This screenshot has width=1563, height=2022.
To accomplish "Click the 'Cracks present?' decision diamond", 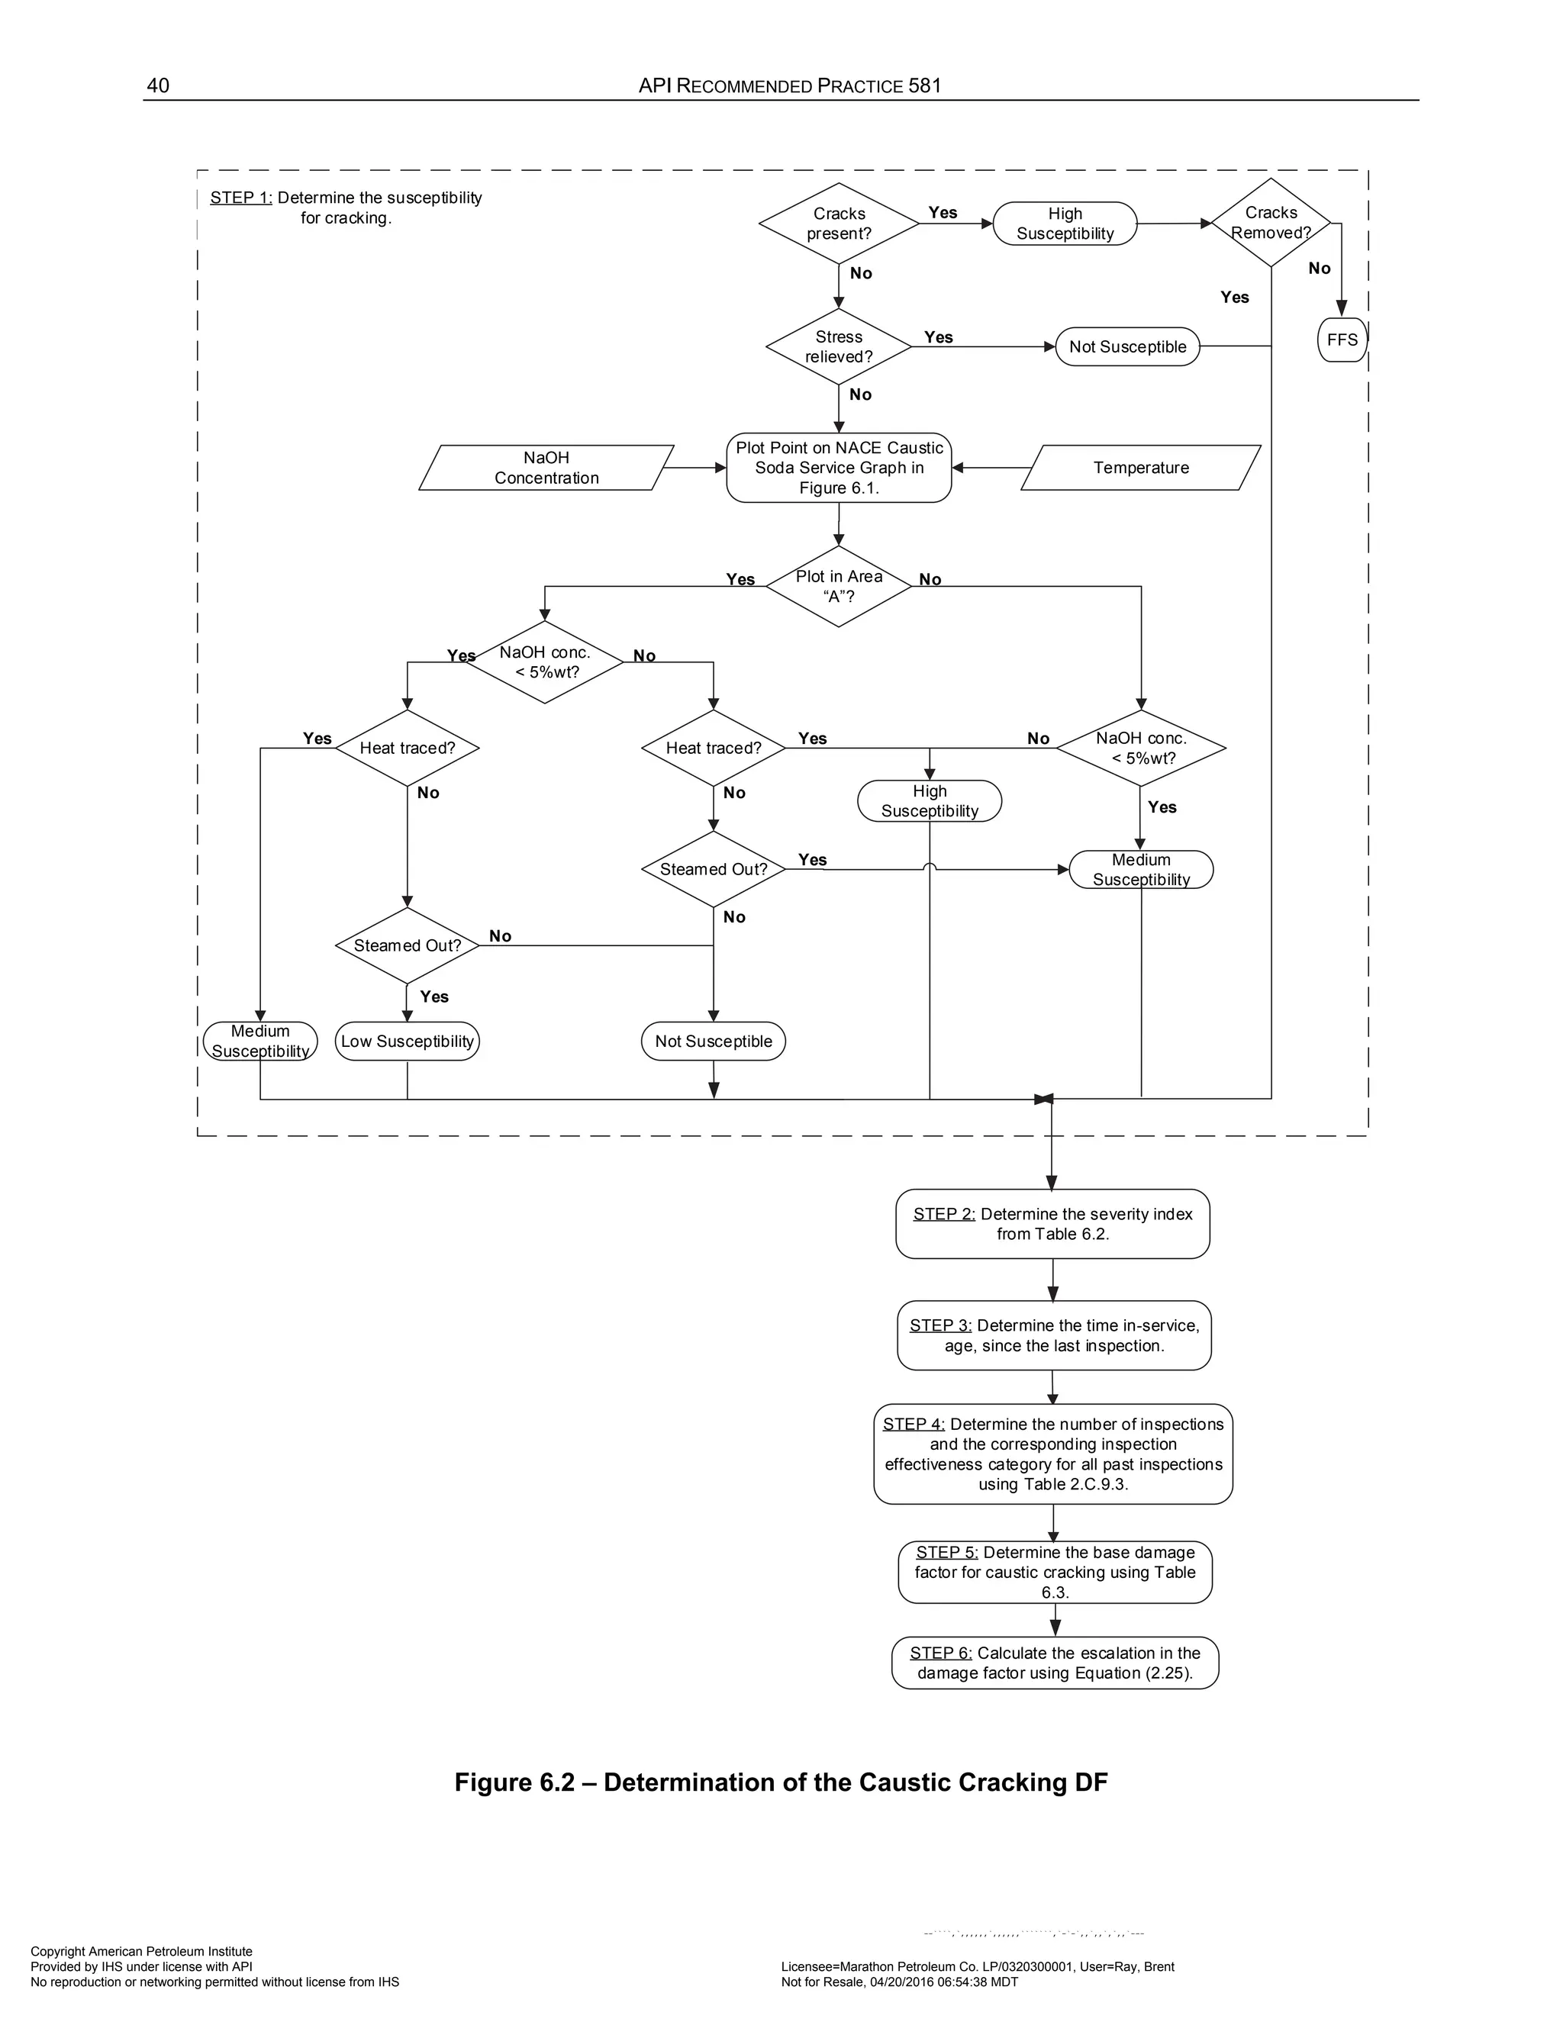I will pyautogui.click(x=838, y=223).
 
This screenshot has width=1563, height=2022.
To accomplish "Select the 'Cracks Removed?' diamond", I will pyautogui.click(x=1271, y=223).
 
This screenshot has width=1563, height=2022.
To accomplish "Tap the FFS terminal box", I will pyautogui.click(x=1342, y=340).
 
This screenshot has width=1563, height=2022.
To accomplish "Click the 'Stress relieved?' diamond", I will pyautogui.click(x=838, y=347).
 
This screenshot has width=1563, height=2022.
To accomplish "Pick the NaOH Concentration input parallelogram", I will pyautogui.click(x=546, y=468).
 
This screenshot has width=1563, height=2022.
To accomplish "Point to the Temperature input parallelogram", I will pyautogui.click(x=1141, y=468).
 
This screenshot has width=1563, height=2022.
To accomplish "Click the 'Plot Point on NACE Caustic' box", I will pyautogui.click(x=839, y=468).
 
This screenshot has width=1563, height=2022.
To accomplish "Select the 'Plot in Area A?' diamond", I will pyautogui.click(x=838, y=586).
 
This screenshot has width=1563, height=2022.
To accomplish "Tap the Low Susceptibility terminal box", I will pyautogui.click(x=408, y=1041).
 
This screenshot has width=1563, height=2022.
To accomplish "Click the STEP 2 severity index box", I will pyautogui.click(x=1052, y=1224).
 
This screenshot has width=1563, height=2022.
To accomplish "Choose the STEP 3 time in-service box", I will pyautogui.click(x=1054, y=1335).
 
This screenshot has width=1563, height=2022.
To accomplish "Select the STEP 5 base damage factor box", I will pyautogui.click(x=1055, y=1572).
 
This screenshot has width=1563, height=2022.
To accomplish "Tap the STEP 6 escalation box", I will pyautogui.click(x=1055, y=1663).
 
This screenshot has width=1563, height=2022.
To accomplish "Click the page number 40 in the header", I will pyautogui.click(x=158, y=86).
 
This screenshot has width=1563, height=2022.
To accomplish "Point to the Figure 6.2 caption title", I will pyautogui.click(x=781, y=1782).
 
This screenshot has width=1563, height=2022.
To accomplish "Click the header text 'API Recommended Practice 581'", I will pyautogui.click(x=790, y=86).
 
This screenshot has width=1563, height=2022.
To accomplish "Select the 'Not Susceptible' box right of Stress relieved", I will pyautogui.click(x=1127, y=347).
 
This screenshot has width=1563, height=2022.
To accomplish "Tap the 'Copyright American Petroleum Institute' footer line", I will pyautogui.click(x=142, y=1952).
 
